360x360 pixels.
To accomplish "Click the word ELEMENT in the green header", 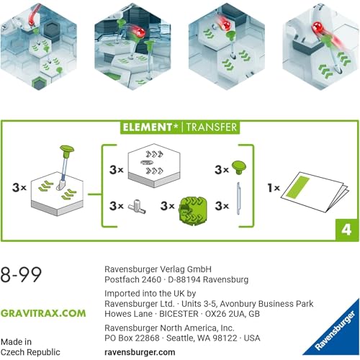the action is click(147, 127).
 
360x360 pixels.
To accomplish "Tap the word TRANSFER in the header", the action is click(212, 127).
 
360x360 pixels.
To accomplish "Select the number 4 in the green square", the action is click(346, 230).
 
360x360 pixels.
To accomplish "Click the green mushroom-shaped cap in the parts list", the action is click(239, 167).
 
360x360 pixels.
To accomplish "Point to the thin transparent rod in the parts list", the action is click(238, 198).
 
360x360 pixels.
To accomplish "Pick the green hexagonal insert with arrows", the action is click(192, 209).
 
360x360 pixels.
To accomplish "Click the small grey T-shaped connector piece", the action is click(137, 207).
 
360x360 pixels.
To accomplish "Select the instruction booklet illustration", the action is click(315, 192).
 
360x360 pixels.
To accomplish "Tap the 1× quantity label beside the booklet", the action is click(274, 188).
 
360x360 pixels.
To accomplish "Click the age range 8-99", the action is click(21, 274).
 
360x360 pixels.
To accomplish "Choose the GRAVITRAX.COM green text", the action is click(43, 313).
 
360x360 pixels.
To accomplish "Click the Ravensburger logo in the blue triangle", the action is click(335, 330).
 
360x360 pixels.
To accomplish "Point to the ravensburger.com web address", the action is click(140, 352).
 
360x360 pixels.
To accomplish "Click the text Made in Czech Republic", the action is click(30, 347).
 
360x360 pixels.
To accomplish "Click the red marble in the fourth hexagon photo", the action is click(318, 27).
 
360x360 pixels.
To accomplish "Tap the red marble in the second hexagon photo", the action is click(139, 32).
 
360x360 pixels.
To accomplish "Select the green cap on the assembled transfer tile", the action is click(66, 151).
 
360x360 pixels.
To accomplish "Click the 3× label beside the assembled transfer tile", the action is click(19, 187).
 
